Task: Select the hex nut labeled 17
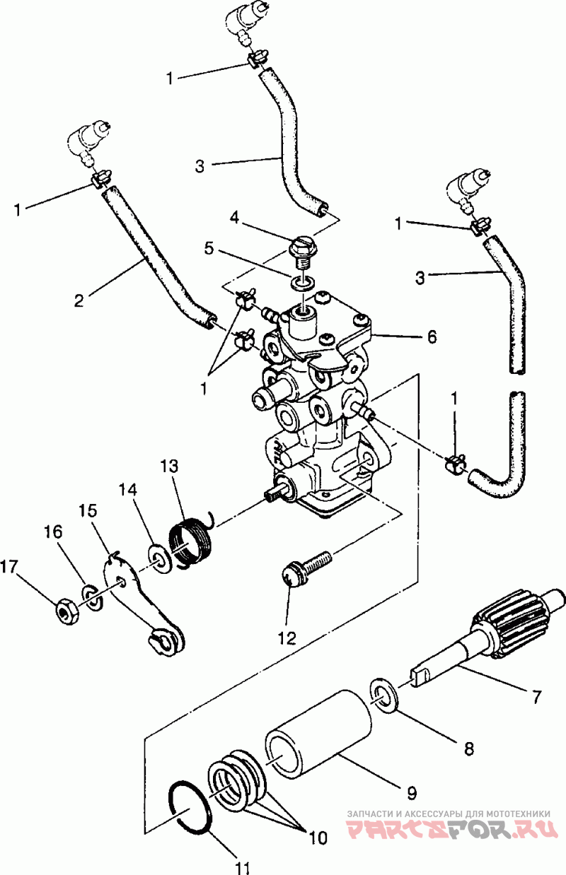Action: [x=67, y=616]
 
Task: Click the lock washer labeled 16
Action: [x=92, y=609]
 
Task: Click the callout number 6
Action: [x=432, y=336]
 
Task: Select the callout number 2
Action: [x=79, y=301]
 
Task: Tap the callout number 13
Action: [x=168, y=466]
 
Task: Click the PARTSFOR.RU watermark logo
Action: [x=452, y=826]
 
